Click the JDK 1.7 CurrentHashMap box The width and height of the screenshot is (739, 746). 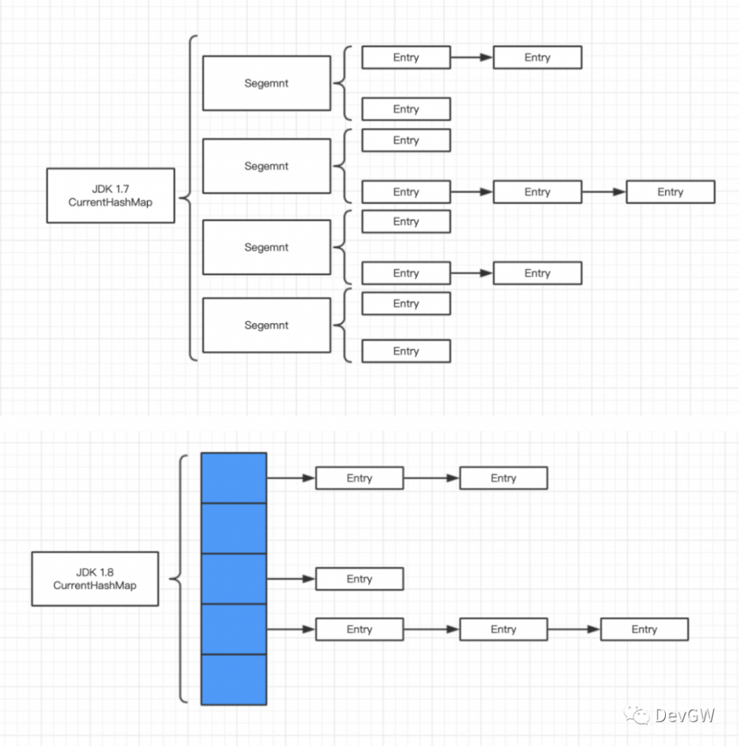[110, 195]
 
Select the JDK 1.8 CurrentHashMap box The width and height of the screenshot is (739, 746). [95, 578]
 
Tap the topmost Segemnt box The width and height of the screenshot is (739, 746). [266, 84]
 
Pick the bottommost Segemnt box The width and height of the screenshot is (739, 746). [266, 325]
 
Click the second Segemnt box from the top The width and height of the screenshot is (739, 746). [266, 166]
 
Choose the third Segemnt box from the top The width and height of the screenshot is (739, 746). [266, 247]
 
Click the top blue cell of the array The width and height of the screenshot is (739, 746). [234, 478]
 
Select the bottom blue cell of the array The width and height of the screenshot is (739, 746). [234, 679]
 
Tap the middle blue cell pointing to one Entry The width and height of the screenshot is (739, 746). [234, 578]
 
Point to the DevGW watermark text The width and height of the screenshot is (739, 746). [684, 714]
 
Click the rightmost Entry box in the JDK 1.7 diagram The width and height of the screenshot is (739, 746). [670, 192]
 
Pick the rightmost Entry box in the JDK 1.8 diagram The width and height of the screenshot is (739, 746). [644, 629]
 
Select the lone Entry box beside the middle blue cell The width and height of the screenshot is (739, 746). [359, 579]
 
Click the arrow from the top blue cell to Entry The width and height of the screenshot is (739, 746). [290, 478]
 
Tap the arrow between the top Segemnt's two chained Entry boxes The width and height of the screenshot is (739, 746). [471, 57]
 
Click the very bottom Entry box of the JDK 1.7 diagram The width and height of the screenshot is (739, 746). [406, 351]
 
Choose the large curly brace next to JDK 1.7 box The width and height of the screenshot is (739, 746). [188, 197]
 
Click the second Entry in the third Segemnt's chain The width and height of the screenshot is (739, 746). [537, 273]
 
